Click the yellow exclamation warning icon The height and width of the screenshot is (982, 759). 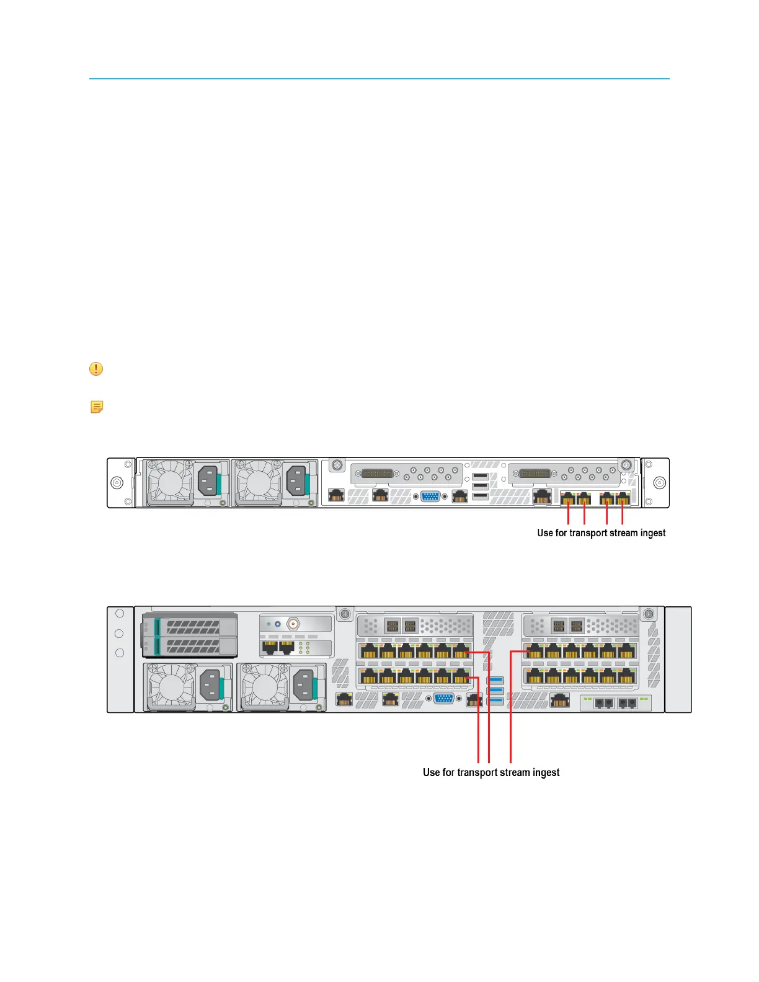click(96, 369)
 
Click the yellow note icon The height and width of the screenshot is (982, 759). click(97, 407)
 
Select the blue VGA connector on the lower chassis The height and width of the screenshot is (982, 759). click(443, 699)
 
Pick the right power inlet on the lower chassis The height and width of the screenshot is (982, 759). click(305, 686)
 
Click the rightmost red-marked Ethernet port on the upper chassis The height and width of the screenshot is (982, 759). click(623, 498)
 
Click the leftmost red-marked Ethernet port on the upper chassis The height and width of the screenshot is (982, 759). click(568, 498)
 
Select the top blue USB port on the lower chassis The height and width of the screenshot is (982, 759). click(496, 680)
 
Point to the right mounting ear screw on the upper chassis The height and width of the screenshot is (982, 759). click(660, 483)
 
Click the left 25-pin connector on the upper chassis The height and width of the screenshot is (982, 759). click(377, 474)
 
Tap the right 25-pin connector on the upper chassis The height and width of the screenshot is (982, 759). click(534, 474)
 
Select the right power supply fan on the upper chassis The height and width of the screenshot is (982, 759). click(258, 482)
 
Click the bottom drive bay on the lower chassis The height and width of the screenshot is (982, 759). click(190, 646)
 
